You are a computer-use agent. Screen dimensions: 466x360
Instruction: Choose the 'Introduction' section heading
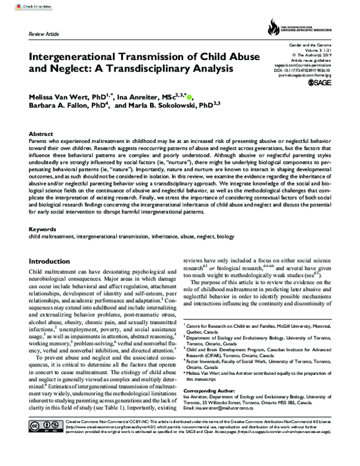coord(52,262)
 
